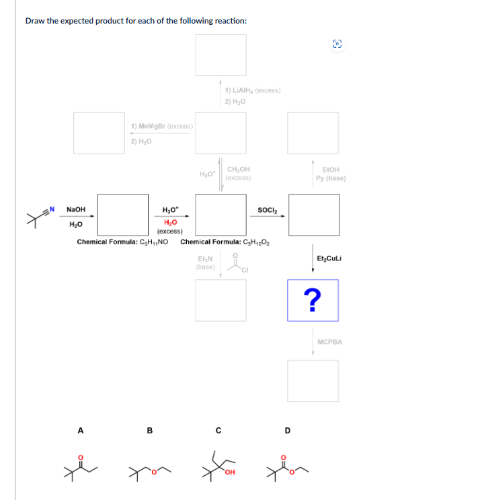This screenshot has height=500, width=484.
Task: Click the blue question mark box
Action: (312, 300)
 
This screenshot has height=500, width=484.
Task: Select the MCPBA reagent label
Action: (329, 342)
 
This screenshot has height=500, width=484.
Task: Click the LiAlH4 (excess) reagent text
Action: (253, 91)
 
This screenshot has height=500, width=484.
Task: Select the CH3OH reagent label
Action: (239, 170)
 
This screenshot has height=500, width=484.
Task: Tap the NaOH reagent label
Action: (75, 209)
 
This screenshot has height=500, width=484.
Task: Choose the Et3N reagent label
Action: (205, 259)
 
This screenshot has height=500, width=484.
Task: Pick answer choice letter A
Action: (81, 429)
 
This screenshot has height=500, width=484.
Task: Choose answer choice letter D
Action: (288, 429)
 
